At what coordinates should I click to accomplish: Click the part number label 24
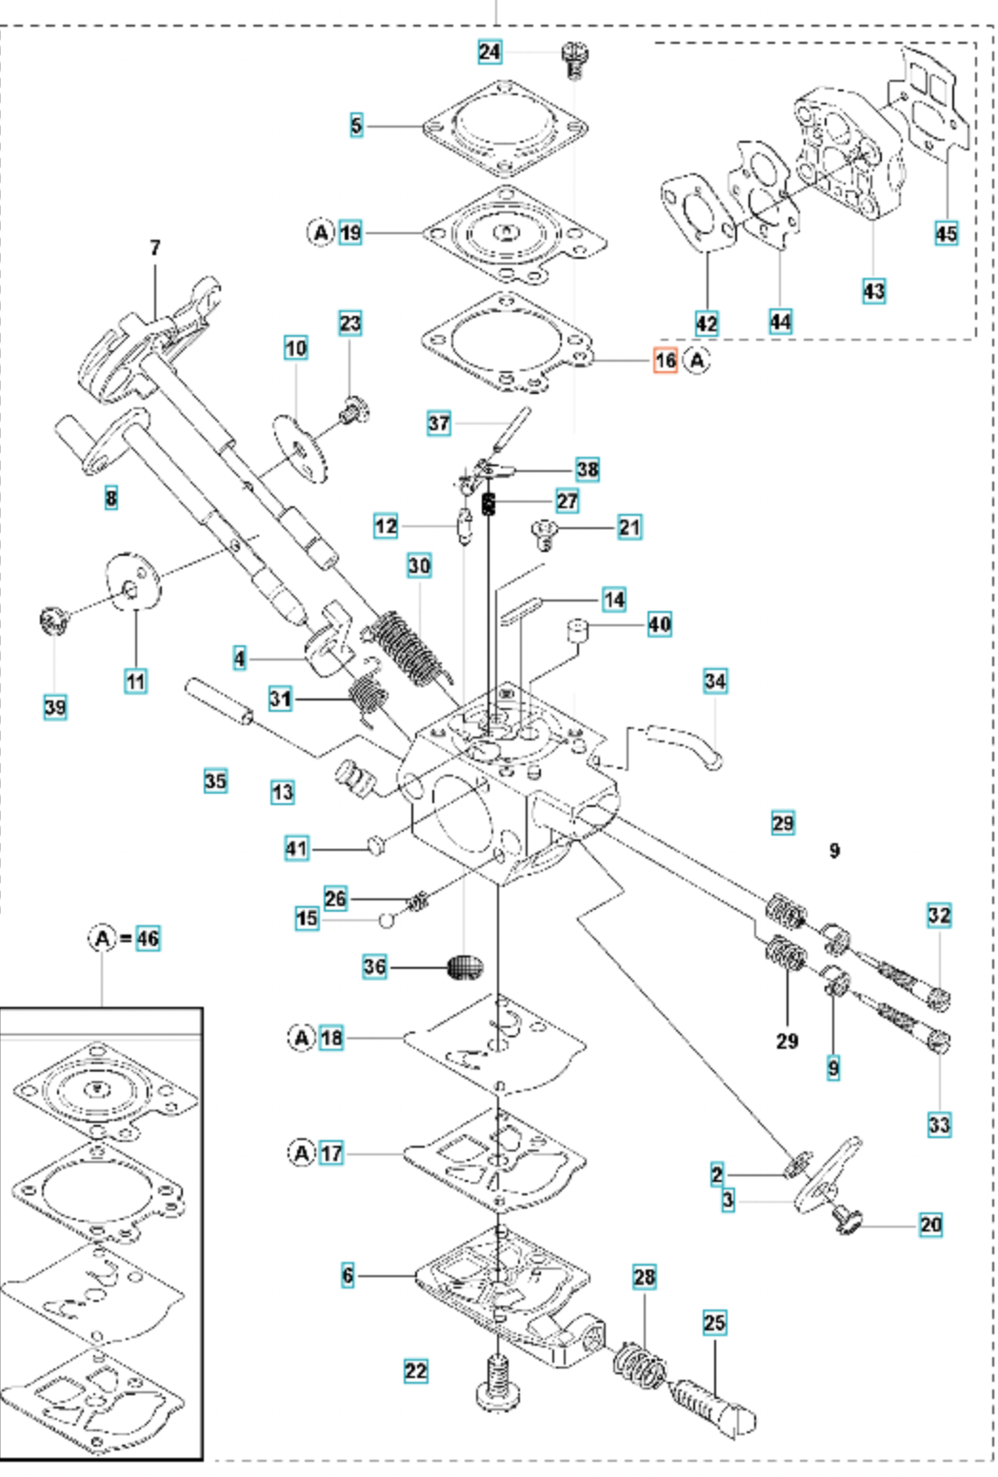[x=489, y=51]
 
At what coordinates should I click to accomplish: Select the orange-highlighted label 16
[x=665, y=361]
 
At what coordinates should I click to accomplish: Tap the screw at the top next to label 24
[x=572, y=58]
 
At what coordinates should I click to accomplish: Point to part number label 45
[x=946, y=233]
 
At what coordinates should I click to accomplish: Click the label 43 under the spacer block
[x=873, y=290]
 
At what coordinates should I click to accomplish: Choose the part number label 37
[x=439, y=423]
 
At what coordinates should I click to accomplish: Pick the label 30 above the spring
[x=419, y=565]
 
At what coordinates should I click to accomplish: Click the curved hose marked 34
[x=684, y=742]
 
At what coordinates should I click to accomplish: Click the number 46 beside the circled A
[x=148, y=938]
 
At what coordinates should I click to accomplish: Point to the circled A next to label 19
[x=321, y=232]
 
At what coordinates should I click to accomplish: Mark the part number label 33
[x=939, y=1125]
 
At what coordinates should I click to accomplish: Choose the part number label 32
[x=939, y=916]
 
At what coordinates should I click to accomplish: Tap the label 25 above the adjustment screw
[x=714, y=1322]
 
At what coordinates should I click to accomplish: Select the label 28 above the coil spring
[x=645, y=1277]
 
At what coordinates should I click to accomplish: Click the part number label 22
[x=415, y=1370]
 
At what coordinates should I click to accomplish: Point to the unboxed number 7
[x=155, y=247]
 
